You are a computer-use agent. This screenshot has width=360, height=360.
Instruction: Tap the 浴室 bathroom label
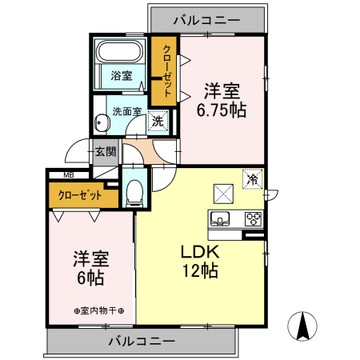[122, 78]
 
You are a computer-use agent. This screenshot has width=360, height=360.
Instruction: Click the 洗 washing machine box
[158, 121]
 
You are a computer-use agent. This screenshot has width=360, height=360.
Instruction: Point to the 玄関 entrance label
[105, 150]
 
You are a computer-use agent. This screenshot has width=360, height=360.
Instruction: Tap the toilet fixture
[134, 190]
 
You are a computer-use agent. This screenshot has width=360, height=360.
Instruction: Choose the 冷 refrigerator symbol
[253, 181]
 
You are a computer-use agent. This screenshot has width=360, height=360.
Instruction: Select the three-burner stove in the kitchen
[253, 217]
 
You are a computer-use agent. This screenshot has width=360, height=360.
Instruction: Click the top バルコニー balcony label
[206, 16]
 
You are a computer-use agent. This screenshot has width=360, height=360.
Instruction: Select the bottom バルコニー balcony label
[142, 341]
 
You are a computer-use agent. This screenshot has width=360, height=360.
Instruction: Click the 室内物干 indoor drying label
[104, 310]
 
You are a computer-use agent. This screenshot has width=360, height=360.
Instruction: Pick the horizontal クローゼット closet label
[80, 195]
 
